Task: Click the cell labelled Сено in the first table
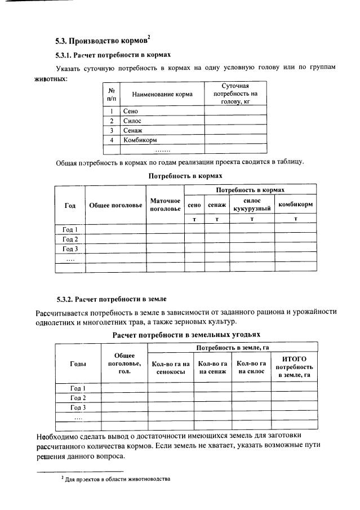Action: pyautogui.click(x=131, y=111)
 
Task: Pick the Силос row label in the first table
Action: pyautogui.click(x=132, y=121)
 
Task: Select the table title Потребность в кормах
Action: pyautogui.click(x=178, y=176)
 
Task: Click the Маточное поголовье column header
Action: pyautogui.click(x=165, y=205)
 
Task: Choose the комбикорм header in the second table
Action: pyautogui.click(x=295, y=205)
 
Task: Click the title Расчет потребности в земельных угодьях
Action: pyautogui.click(x=178, y=335)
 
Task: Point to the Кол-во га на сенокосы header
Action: pyautogui.click(x=170, y=367)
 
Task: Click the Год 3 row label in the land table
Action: pyautogui.click(x=77, y=407)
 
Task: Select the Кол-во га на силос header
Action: pyautogui.click(x=251, y=367)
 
